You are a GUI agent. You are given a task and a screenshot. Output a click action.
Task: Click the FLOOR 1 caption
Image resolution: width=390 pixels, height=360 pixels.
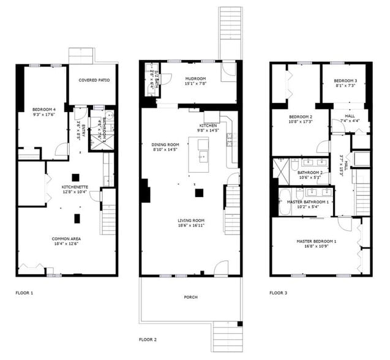[x=24, y=293]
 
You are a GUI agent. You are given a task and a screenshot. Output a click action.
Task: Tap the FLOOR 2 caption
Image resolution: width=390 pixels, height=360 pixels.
[x=148, y=339]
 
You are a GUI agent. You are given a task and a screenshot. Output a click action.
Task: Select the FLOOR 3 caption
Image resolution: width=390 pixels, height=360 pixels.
[x=278, y=293]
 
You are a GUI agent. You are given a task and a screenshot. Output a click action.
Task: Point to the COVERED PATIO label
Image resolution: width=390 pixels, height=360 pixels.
[x=92, y=80]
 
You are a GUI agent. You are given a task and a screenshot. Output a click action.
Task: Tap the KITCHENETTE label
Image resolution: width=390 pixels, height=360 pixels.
[x=75, y=187]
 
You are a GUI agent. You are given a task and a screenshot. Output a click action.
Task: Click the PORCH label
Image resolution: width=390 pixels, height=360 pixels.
[x=190, y=297]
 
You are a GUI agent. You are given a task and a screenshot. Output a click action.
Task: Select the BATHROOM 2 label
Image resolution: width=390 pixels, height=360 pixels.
[x=310, y=173]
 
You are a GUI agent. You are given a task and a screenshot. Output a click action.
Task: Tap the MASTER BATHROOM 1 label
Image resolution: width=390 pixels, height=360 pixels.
[x=308, y=202]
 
